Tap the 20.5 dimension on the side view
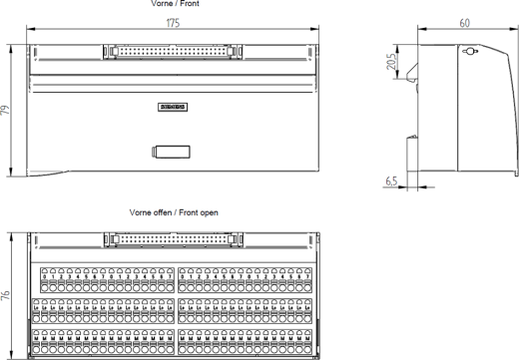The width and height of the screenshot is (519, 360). [x=395, y=62]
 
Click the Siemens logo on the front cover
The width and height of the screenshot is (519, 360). [x=173, y=107]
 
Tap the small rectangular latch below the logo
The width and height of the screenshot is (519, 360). [x=171, y=152]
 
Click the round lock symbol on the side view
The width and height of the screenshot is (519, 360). [x=471, y=52]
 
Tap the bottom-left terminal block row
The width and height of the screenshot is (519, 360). [x=104, y=342]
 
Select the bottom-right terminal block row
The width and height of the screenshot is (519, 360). [x=245, y=342]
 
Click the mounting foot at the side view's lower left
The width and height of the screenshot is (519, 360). [x=410, y=160]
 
